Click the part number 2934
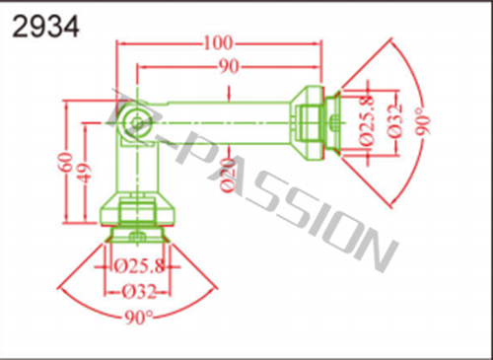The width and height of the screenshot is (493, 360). (x=45, y=28)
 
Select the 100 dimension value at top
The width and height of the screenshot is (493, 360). (x=219, y=43)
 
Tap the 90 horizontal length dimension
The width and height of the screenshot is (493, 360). (x=229, y=67)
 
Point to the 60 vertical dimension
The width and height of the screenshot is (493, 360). (x=67, y=162)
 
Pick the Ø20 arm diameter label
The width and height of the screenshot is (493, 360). (x=228, y=176)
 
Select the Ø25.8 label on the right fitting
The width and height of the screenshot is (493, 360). (x=367, y=120)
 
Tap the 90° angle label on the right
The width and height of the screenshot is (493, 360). (x=422, y=121)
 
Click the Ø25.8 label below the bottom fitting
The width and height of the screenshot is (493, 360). (x=139, y=266)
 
